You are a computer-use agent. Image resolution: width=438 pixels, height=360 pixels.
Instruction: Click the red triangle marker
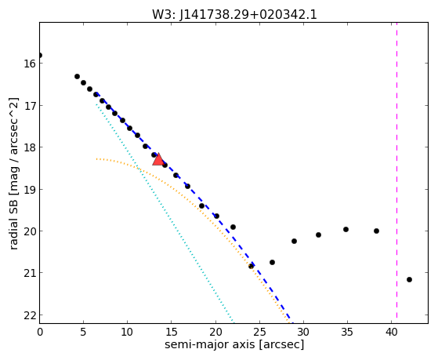point(158,159)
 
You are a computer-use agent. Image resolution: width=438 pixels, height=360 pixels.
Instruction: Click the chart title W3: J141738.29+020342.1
point(234,14)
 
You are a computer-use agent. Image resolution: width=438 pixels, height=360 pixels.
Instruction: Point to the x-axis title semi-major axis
point(209,344)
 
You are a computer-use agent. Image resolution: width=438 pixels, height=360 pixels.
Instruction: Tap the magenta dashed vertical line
point(396,173)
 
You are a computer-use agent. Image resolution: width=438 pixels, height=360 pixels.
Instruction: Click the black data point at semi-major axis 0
point(40,55)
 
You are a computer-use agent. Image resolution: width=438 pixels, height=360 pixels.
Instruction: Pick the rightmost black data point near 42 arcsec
point(409,279)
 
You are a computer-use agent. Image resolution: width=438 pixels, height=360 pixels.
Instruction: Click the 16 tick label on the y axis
point(29,64)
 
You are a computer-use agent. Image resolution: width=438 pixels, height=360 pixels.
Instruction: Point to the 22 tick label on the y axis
point(29,315)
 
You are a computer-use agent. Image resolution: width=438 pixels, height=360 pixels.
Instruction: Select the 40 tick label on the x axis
point(391,333)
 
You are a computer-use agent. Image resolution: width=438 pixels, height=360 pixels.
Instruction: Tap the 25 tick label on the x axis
point(259,333)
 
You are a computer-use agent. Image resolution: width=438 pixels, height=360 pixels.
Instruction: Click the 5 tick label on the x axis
point(83,333)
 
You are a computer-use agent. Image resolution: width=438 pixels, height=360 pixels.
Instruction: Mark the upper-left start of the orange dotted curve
point(96,159)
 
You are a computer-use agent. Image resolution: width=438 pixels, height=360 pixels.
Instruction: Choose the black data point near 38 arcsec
point(376,231)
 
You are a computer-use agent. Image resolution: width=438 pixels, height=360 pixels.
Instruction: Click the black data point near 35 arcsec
point(346,229)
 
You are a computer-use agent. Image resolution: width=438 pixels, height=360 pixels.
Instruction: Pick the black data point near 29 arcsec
point(294,241)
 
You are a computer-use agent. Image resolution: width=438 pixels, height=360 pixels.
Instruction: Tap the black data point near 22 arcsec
point(233,227)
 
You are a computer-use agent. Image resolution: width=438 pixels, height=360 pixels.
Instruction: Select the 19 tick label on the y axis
point(29,190)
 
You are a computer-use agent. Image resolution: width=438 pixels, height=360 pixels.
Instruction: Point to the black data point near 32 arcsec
point(318,235)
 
